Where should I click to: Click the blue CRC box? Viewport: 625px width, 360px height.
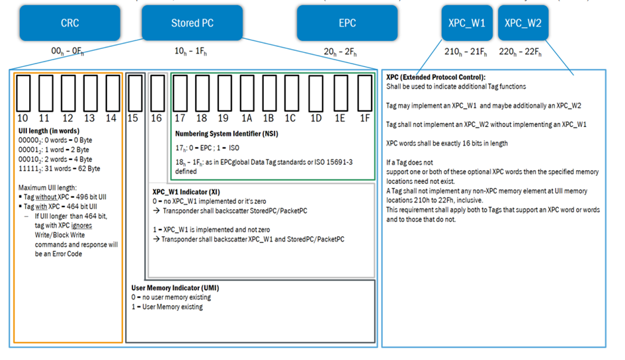(70, 23)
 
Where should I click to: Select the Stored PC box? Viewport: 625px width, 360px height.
(192, 23)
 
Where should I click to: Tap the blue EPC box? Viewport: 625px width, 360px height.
(347, 23)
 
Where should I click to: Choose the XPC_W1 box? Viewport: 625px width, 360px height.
(467, 23)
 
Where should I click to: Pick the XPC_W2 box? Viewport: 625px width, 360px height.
(522, 23)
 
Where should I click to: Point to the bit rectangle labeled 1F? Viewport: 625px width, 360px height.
(364, 93)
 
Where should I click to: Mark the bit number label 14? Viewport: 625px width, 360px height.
(111, 118)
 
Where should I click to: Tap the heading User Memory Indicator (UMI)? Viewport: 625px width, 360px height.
(175, 288)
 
